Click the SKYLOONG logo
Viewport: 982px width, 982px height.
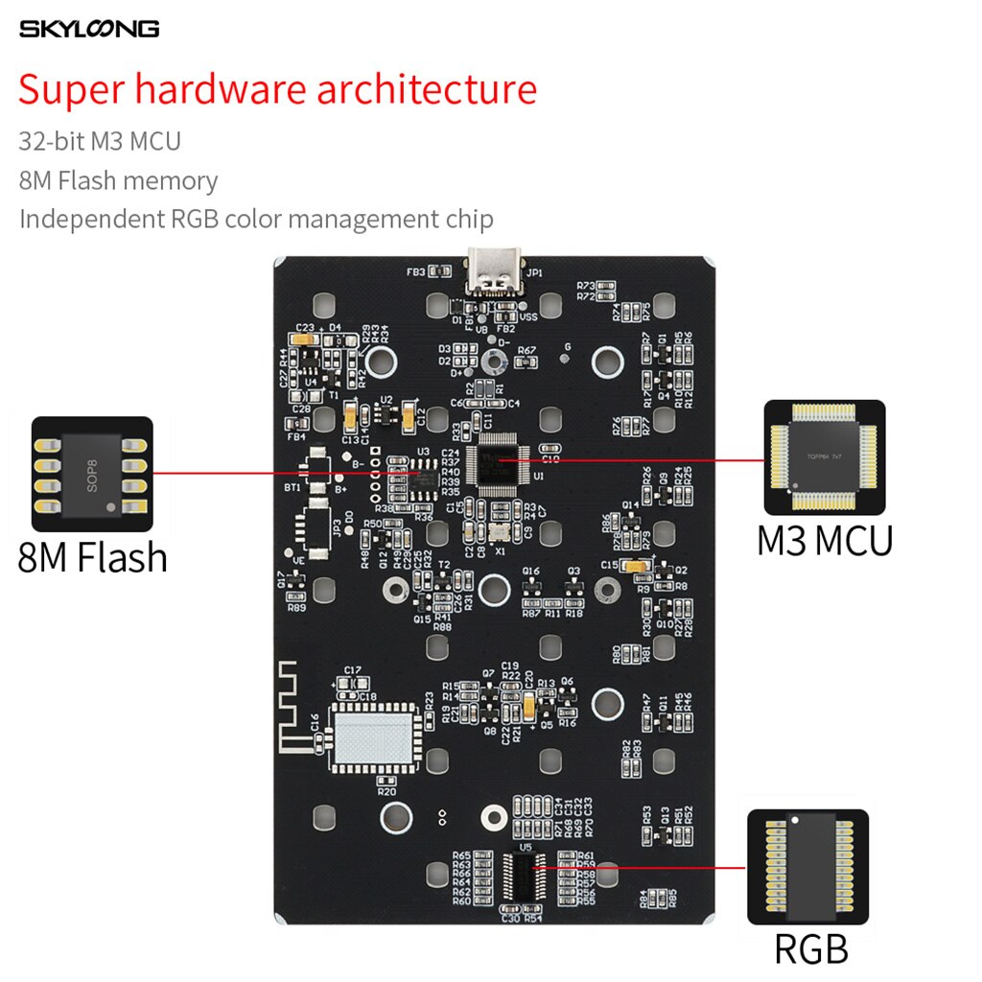[x=89, y=29]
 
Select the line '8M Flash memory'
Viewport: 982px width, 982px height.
[x=118, y=180]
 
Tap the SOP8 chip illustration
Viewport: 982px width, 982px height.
[x=92, y=474]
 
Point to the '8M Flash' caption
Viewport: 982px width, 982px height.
[x=92, y=557]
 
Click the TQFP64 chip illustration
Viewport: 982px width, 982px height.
[x=824, y=458]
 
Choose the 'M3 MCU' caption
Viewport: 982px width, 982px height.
[x=825, y=540]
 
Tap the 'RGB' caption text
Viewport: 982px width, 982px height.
[x=810, y=948]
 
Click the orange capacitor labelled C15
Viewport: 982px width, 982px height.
[x=634, y=567]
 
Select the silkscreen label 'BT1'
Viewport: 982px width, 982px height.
[x=292, y=487]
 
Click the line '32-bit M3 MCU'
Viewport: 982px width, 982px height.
[x=100, y=142]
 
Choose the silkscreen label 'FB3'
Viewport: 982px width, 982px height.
[x=415, y=271]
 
